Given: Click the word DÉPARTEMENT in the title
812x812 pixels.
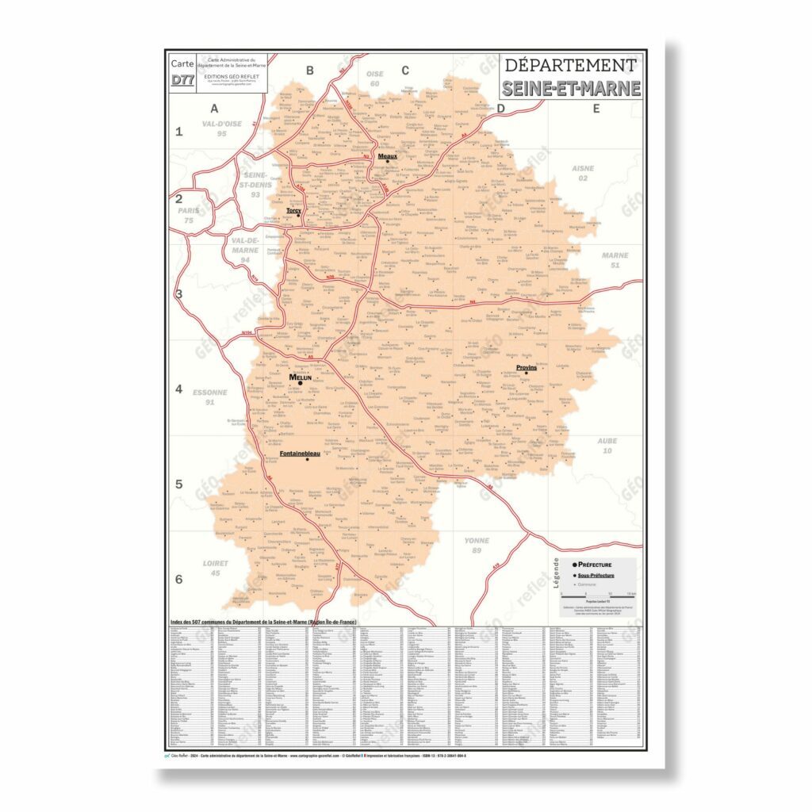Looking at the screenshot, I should (571, 66).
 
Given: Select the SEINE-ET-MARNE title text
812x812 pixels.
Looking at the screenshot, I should (571, 88).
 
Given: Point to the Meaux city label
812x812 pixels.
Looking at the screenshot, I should (387, 157).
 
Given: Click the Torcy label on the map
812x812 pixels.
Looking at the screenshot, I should (293, 210).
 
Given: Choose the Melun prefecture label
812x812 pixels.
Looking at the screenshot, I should (301, 377).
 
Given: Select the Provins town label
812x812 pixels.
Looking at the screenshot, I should (527, 368).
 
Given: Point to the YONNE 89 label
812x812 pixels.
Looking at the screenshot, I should (477, 546).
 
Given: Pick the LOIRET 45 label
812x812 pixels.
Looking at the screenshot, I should (216, 568).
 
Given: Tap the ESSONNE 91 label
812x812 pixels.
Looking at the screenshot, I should (210, 397).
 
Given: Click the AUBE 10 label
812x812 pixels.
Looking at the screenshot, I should (607, 446).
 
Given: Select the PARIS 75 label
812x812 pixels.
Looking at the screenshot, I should (189, 215).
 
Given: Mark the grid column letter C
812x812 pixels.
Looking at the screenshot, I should (405, 71).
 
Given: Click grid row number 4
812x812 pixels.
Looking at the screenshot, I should (179, 389).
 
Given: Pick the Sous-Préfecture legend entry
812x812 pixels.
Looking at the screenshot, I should (595, 574).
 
